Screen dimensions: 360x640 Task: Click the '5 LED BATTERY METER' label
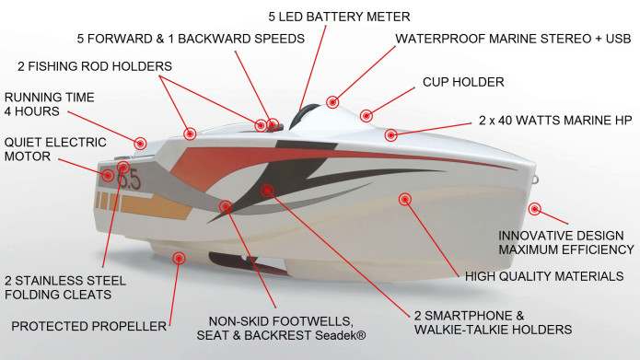coord(339,17)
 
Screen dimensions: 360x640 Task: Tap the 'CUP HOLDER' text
coord(463,82)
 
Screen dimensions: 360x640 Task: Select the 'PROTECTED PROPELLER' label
coord(88,325)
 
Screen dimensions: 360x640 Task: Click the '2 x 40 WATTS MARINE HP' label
coord(553,120)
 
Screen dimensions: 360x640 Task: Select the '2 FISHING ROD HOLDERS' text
coord(95,66)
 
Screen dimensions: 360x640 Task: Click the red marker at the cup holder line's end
coord(367,116)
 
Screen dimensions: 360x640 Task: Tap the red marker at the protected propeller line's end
coord(179,259)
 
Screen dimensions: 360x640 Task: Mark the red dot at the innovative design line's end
coord(534,209)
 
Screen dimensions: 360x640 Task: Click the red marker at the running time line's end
coord(140,143)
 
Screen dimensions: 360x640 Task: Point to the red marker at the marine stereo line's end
coord(332,101)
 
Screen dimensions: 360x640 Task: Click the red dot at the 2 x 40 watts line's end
coord(391,135)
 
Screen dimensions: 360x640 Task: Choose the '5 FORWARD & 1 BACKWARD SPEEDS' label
coord(190,39)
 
